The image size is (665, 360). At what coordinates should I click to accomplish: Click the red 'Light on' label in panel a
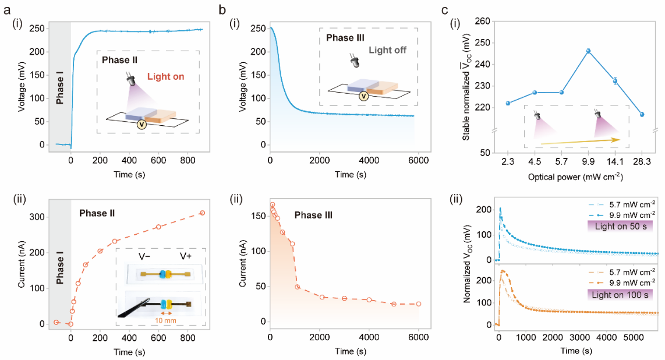166,76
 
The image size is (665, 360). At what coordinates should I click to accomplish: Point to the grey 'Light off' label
387,50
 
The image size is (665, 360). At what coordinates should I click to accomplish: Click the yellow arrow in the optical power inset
579,141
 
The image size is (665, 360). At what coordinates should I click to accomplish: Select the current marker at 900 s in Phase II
202,213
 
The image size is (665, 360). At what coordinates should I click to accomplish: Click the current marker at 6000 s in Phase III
418,304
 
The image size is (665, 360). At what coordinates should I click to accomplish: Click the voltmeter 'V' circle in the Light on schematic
141,123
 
